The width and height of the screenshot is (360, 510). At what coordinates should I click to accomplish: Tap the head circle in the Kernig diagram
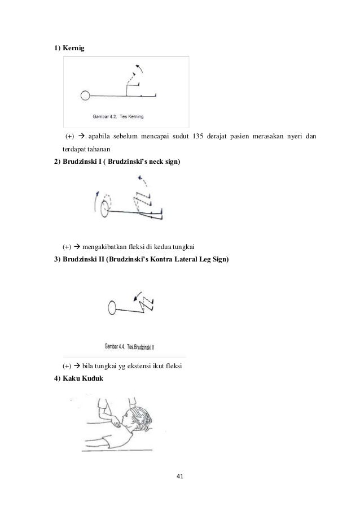85,95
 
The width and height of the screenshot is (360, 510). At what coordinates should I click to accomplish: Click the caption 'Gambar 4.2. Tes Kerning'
117,117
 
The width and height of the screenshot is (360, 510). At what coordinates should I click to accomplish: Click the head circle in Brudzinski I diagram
105,208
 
